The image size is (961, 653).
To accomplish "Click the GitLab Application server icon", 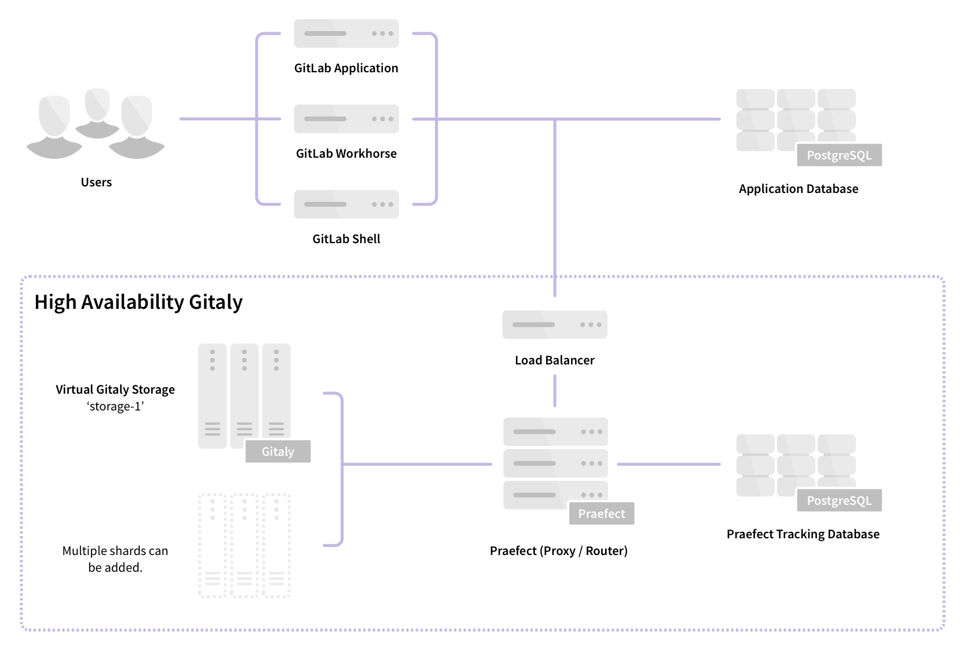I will pos(346,33).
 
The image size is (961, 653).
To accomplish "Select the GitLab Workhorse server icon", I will pos(346,119).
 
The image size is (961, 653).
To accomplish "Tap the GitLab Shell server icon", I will pos(346,204).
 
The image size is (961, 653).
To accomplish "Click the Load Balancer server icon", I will pos(554,324).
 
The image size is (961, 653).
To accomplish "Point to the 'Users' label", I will pos(96,182).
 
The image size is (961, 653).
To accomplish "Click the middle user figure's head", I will pos(97,104).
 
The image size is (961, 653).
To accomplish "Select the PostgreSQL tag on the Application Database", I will pos(839,155).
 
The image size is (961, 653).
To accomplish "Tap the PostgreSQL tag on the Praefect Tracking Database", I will pos(839,501).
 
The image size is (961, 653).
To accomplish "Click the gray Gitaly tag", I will pos(278,452).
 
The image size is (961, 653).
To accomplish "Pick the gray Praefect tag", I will pos(601,514).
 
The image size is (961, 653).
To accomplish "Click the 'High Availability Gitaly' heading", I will pos(139,302).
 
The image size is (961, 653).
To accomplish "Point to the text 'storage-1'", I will pos(115,407).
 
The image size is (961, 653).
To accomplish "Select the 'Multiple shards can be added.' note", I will pos(115,559).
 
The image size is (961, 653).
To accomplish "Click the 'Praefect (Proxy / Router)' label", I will pos(558,551).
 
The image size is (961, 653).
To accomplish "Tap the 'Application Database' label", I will pos(798,189).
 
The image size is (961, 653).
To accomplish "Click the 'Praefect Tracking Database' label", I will pos(803,534).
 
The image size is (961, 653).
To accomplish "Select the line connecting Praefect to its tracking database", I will pos(668,464).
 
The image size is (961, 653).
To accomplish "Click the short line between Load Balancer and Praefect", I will pos(554,391).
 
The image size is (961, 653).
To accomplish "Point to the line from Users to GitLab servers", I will pos(218,119).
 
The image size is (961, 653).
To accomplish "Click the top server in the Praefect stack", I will pos(555,431).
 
